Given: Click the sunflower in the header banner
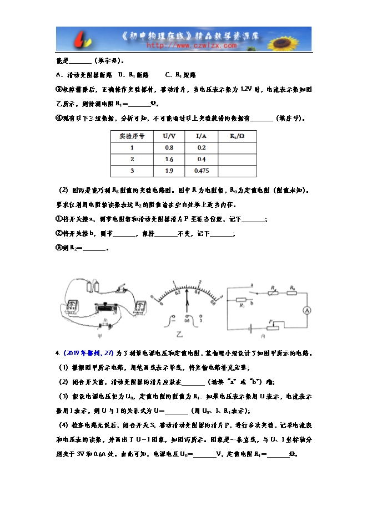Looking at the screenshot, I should (x=293, y=39).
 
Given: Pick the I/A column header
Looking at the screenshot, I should (x=202, y=136).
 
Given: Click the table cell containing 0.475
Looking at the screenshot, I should (x=202, y=171).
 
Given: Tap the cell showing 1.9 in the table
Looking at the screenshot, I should (x=169, y=171).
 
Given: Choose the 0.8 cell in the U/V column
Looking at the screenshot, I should (x=169, y=147).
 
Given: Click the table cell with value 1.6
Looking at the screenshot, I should (x=169, y=159).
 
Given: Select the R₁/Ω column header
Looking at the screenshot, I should (x=237, y=136).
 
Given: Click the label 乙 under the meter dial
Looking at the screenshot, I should (x=179, y=334).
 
